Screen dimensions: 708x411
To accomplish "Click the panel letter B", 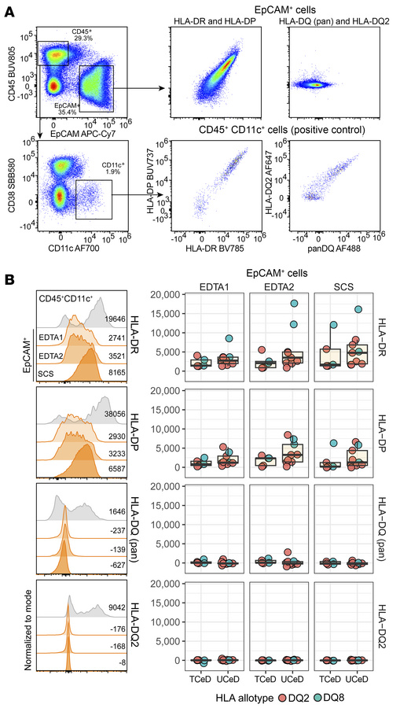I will [x=11, y=280].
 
